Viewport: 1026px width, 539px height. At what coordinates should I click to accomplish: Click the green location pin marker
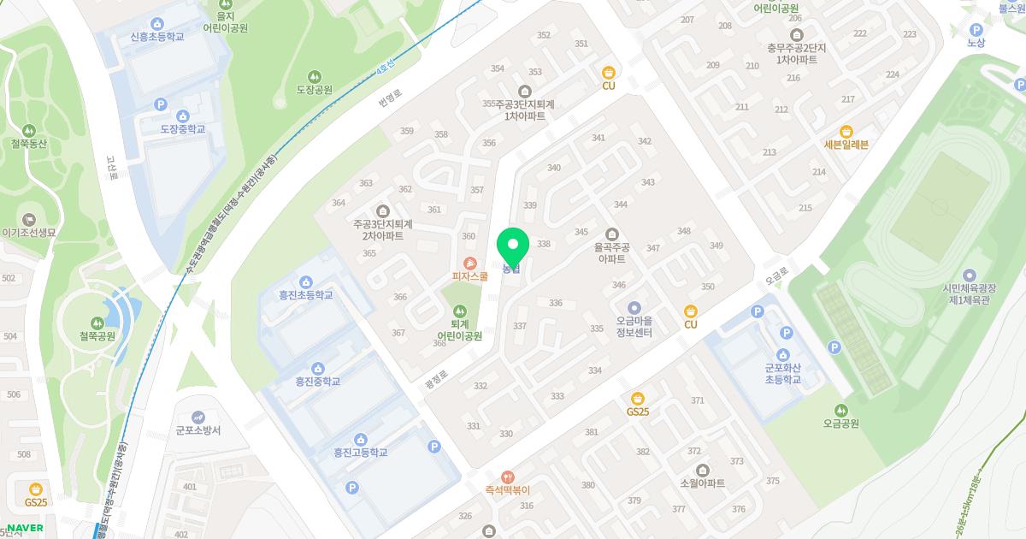click(513, 247)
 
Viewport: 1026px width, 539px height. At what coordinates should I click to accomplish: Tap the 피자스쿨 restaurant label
click(470, 276)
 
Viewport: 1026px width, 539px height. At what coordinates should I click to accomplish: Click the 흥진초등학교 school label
click(305, 294)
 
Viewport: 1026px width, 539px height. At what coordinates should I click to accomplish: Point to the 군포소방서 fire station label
click(198, 430)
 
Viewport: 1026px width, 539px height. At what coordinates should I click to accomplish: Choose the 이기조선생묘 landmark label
click(29, 233)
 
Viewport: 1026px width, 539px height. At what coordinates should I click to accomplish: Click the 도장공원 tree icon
click(314, 76)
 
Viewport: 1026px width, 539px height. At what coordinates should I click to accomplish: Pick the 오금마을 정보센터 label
click(634, 327)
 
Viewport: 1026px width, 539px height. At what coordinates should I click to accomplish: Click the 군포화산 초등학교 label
click(783, 373)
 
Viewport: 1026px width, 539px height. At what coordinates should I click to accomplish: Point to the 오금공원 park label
click(841, 423)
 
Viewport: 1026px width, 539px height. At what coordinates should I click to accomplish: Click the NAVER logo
click(24, 528)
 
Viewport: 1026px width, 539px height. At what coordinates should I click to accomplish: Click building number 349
click(716, 246)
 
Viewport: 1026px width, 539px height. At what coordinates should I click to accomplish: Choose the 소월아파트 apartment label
click(702, 483)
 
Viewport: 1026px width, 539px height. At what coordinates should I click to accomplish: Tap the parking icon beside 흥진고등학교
click(433, 446)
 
